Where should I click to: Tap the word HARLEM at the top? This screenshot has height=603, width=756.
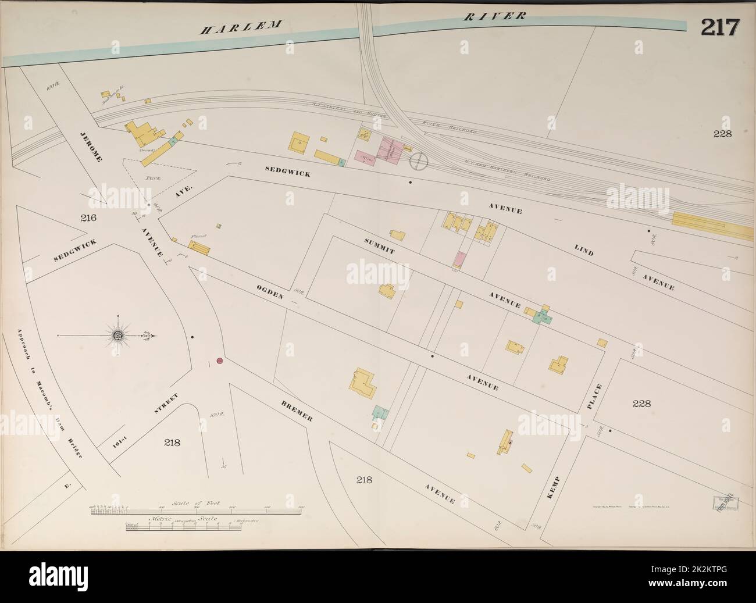click(241, 27)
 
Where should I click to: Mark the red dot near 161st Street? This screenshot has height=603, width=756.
click(220, 361)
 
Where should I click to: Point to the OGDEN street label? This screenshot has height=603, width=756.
click(271, 288)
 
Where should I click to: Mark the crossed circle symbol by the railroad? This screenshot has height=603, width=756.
click(418, 161)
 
